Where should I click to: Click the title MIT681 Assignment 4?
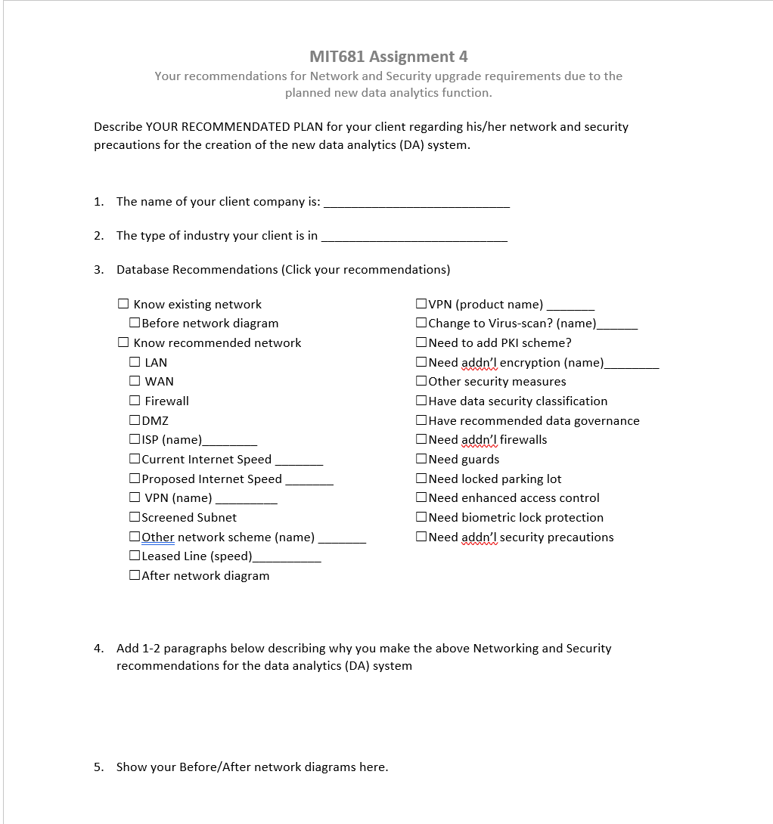[x=388, y=57]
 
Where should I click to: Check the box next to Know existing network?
[x=123, y=304]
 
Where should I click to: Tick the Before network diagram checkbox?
[x=135, y=324]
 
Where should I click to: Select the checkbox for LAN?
[x=135, y=362]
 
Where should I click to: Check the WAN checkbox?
[x=135, y=382]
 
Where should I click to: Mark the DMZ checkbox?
[x=135, y=420]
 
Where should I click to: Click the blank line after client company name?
[x=416, y=203]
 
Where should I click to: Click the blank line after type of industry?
[x=414, y=237]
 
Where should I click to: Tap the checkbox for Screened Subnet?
[x=135, y=518]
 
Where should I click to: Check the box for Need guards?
[x=421, y=460]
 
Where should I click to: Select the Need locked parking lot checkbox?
[x=421, y=479]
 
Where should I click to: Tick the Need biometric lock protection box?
[x=421, y=518]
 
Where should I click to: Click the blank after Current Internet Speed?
[x=299, y=460]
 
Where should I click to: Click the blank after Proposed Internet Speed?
[x=309, y=480]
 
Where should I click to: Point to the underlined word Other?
[x=157, y=537]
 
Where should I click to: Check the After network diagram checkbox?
[x=135, y=576]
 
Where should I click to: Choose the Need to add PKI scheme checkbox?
[x=421, y=343]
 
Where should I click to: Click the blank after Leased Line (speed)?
[x=287, y=557]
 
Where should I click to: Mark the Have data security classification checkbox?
[x=421, y=401]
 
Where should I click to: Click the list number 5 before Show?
[x=98, y=767]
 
